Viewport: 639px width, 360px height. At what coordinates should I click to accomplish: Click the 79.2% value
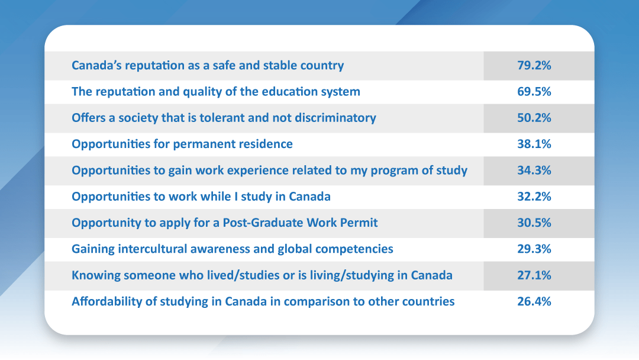534,65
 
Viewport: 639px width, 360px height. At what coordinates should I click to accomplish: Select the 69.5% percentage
534,91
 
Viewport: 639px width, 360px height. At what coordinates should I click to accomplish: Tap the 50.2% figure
534,118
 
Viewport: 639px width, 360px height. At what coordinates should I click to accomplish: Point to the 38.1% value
534,144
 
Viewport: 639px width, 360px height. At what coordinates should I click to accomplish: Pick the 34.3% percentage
534,170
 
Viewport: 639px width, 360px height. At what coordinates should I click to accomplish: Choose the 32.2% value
534,197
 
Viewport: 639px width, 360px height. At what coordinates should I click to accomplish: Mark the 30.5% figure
534,223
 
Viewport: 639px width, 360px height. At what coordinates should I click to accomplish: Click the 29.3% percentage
534,249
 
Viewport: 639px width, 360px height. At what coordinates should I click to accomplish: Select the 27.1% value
534,275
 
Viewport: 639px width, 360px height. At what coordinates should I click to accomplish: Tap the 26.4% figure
534,301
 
